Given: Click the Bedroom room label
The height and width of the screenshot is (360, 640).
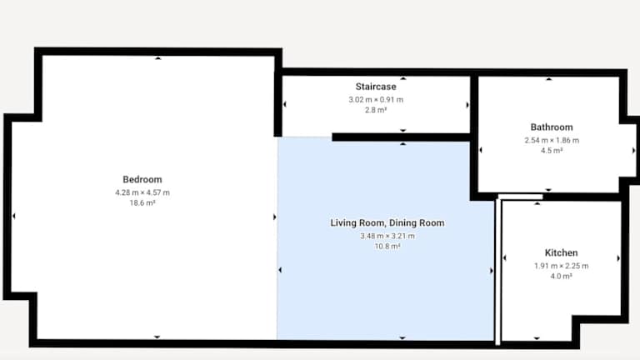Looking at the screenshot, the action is point(142,180).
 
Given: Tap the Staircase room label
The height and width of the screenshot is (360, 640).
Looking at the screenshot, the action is point(376,87).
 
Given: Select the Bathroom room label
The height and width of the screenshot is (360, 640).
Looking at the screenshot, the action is point(552,127).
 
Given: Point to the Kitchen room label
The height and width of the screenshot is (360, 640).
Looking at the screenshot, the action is point(561,252).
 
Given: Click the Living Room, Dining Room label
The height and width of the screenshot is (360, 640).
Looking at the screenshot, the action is point(387,222).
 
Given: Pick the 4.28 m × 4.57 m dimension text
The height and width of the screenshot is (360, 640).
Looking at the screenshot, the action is point(142,192).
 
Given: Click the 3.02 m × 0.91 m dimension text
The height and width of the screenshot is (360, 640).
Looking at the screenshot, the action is point(376,100).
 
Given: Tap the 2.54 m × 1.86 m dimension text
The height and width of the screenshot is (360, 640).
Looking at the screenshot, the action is point(552,140).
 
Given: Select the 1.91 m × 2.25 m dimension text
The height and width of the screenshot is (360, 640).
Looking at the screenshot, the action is point(561,266).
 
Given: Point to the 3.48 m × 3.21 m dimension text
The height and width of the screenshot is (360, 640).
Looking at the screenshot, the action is point(387,236).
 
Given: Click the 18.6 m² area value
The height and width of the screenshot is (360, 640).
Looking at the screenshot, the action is point(142,202).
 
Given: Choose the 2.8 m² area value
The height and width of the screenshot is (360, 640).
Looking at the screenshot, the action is point(376,110).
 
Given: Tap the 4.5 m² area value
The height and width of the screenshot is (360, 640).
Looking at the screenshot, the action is point(552,151).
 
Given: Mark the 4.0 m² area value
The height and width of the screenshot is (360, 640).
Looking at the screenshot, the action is point(561,277).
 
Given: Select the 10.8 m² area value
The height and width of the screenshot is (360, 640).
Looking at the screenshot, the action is point(387,246).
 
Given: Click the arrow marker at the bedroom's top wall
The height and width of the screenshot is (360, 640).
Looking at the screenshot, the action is point(158,58).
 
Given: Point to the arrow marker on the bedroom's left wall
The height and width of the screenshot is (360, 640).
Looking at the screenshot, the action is point(14,216).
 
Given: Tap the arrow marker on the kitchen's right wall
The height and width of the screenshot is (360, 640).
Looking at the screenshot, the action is point(618,258).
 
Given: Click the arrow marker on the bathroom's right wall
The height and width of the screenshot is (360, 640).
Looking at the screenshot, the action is point(633,151).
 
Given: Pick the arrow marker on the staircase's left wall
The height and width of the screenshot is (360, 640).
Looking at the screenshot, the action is point(284,104).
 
